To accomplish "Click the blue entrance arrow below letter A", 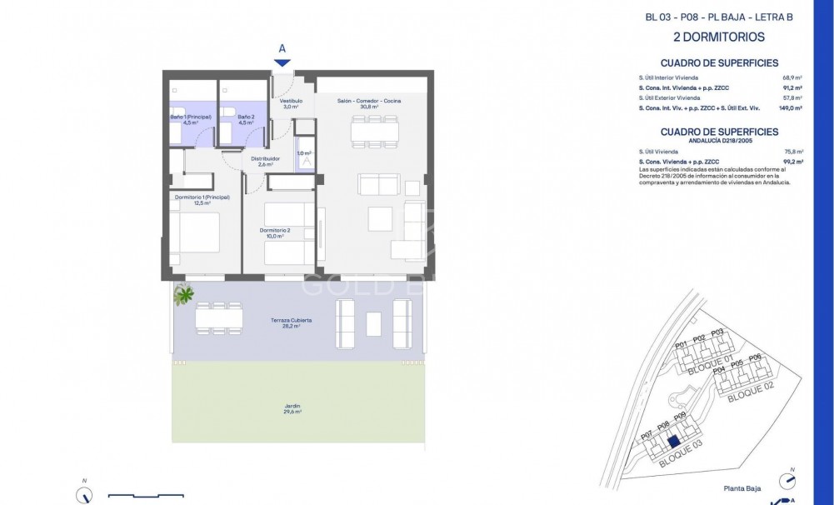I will [282, 62].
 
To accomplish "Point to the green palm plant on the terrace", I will [183, 293].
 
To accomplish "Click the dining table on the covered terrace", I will [219, 317].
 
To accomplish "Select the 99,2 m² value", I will [792, 161].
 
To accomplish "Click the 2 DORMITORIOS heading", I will [718, 37].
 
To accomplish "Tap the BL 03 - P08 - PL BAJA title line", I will [718, 17].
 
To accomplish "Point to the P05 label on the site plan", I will [737, 364].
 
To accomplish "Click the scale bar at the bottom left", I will [146, 495].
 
